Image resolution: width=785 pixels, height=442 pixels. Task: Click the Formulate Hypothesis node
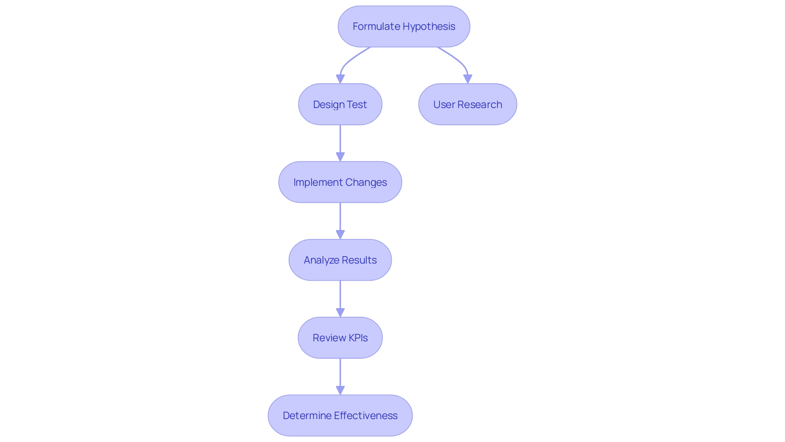404,27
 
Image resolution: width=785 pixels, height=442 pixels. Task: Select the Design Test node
340,104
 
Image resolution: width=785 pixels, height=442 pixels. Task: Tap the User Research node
467,104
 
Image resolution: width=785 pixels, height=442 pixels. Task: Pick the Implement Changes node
340,182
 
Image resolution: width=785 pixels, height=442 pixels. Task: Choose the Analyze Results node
340,260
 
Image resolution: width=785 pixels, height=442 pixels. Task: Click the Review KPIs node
340,338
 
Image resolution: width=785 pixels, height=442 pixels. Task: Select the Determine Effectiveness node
340,415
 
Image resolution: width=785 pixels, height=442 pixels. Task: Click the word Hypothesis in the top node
429,27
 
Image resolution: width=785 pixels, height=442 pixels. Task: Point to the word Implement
318,182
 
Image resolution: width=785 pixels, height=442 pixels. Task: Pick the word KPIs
358,338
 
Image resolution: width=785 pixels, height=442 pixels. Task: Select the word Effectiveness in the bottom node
366,415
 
